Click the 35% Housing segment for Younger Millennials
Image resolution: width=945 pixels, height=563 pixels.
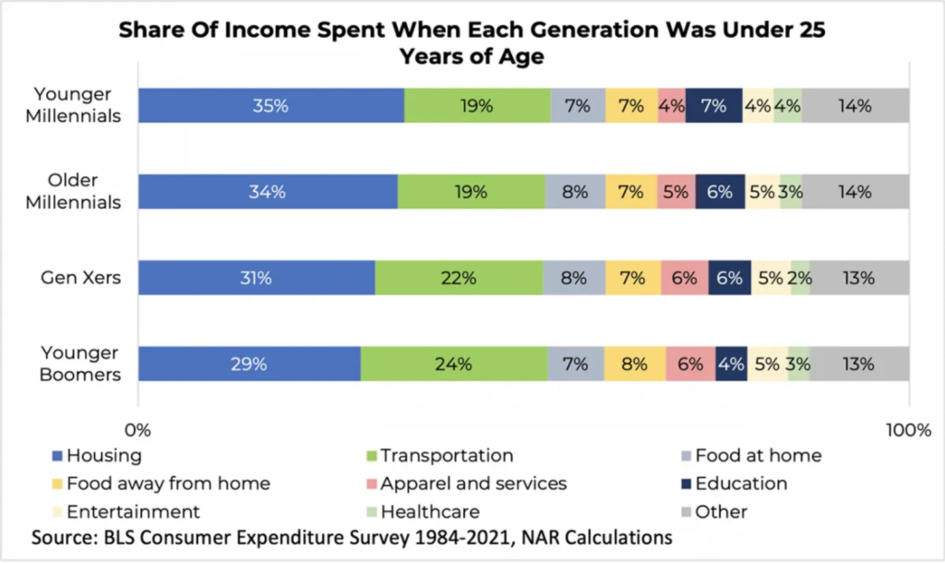pyautogui.click(x=271, y=106)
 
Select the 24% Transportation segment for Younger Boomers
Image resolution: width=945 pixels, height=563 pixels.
pyautogui.click(x=453, y=364)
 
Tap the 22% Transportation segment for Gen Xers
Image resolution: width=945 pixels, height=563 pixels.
pyautogui.click(x=459, y=278)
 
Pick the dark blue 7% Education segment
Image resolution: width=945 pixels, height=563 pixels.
pyautogui.click(x=713, y=106)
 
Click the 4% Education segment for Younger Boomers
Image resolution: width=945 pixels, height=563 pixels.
pyautogui.click(x=731, y=364)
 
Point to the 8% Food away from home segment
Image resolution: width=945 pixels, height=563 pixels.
pyautogui.click(x=635, y=364)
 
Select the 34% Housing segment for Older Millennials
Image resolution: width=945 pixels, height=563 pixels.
pyautogui.click(x=268, y=192)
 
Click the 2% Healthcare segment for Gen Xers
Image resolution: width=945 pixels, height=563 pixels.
pyautogui.click(x=800, y=278)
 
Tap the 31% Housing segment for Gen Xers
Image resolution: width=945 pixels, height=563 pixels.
pyautogui.click(x=256, y=278)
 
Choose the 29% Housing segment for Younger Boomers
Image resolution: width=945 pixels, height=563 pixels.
pyautogui.click(x=249, y=364)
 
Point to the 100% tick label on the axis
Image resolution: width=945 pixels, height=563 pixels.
pyautogui.click(x=908, y=429)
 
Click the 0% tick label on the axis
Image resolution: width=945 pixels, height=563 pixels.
pyautogui.click(x=138, y=429)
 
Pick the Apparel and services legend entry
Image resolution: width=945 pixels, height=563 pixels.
pyautogui.click(x=473, y=484)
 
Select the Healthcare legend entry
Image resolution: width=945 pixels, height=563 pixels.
pyautogui.click(x=430, y=511)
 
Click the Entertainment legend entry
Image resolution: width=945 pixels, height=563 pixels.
pyautogui.click(x=133, y=511)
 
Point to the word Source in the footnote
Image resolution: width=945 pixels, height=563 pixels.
pyautogui.click(x=62, y=538)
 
